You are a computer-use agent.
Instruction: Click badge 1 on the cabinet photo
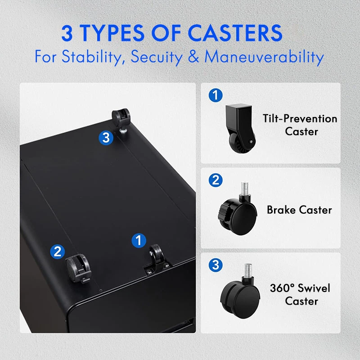point(138,240)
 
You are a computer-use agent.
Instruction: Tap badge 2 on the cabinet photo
point(57,251)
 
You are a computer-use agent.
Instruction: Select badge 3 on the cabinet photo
point(106,138)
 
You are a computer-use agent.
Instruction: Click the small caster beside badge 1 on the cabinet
point(156,256)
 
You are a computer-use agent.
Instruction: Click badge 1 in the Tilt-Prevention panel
point(216,95)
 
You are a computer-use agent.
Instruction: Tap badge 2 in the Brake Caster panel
point(216,180)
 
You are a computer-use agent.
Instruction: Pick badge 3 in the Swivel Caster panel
point(216,265)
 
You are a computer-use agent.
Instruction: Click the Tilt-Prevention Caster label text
point(300,125)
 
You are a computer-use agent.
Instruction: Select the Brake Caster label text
point(299,210)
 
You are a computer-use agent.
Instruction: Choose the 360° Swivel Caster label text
point(300,294)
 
